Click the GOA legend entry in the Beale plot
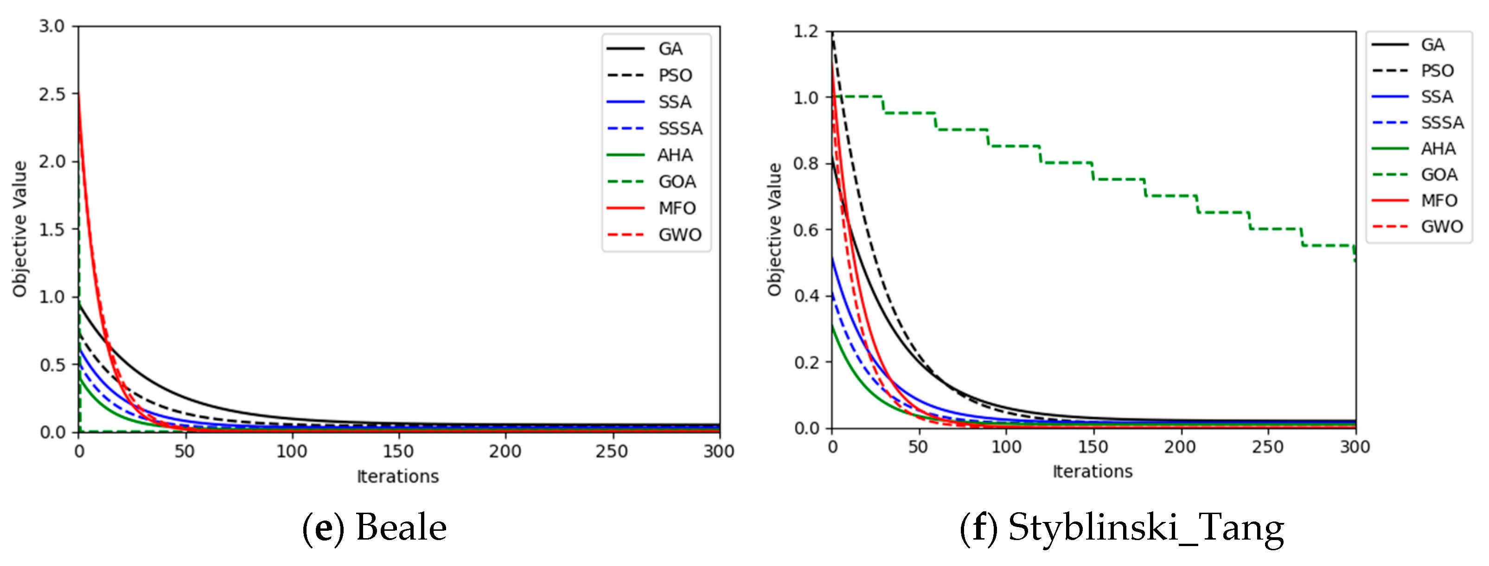click(x=676, y=181)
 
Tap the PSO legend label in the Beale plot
click(x=675, y=75)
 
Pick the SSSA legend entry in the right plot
click(x=1442, y=122)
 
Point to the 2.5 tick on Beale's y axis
click(x=52, y=94)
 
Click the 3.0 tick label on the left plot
click(x=52, y=26)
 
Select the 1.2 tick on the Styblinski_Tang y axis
click(x=806, y=31)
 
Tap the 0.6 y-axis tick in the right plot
click(x=806, y=230)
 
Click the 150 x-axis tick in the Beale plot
click(x=398, y=451)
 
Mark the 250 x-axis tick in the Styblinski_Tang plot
click(x=1268, y=446)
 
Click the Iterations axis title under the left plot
click(x=398, y=477)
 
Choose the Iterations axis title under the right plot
click(x=1092, y=471)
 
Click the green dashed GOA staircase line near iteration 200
click(x=1173, y=196)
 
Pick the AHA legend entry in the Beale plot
click(x=675, y=155)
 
